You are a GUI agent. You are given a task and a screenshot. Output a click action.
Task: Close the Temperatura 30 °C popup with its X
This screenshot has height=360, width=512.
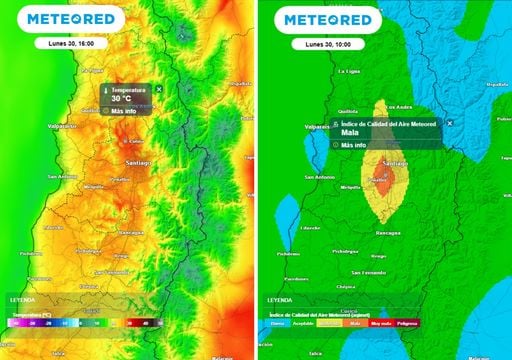point(159,90)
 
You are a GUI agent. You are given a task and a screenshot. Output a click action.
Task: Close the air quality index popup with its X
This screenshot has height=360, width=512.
point(449,122)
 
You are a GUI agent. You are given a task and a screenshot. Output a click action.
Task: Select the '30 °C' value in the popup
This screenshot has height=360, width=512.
point(121,99)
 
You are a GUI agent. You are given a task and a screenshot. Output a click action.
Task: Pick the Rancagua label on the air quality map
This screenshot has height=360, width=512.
point(385,231)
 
